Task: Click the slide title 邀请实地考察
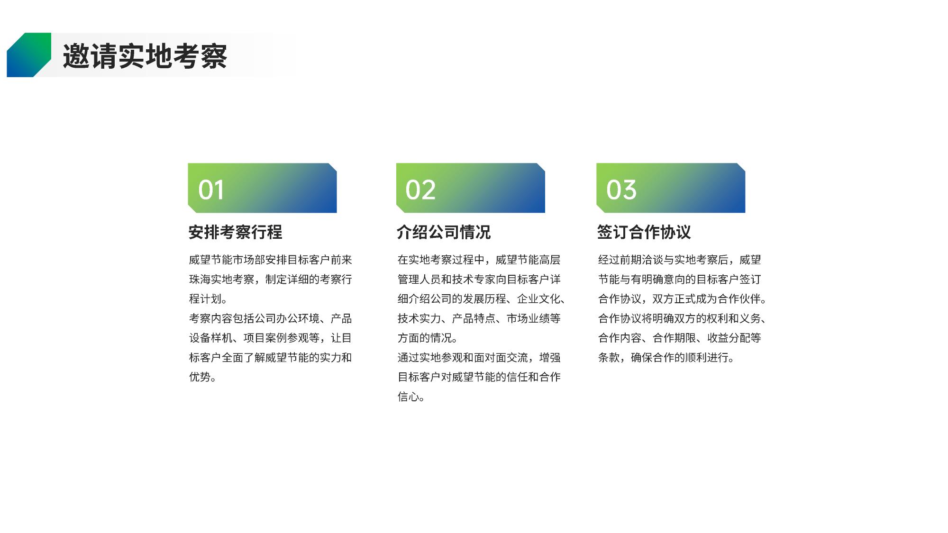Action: click(x=145, y=56)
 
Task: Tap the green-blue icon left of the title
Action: click(x=29, y=55)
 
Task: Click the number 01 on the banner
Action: click(x=211, y=190)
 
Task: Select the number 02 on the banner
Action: click(x=420, y=190)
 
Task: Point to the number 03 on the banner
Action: click(x=621, y=190)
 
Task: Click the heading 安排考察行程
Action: click(x=236, y=232)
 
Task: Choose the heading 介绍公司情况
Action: click(x=444, y=232)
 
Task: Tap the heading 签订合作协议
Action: click(x=644, y=232)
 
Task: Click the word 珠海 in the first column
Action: click(x=200, y=280)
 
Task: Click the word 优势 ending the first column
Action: click(x=200, y=377)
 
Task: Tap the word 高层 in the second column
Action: click(x=550, y=260)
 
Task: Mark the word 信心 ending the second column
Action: click(x=409, y=397)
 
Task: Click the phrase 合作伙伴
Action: click(x=739, y=299)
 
